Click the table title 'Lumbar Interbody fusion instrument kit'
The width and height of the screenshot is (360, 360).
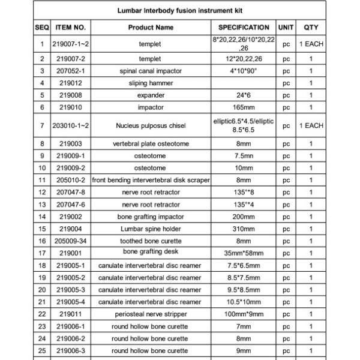tap(179, 11)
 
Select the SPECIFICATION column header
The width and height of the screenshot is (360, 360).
tap(244, 28)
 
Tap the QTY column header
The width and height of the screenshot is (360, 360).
tap(311, 28)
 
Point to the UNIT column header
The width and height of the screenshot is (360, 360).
tap(286, 28)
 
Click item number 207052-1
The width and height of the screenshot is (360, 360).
tap(71, 71)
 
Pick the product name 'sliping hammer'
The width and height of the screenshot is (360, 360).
tap(151, 83)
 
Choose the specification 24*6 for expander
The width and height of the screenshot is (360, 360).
tap(244, 95)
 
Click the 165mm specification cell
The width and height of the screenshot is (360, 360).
tap(244, 107)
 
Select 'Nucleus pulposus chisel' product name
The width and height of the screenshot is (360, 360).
tap(151, 126)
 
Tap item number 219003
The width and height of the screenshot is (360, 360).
tap(71, 144)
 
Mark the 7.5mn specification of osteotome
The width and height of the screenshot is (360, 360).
tap(244, 156)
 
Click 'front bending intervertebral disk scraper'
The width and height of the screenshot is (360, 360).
tap(151, 180)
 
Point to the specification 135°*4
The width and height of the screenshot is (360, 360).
tap(244, 205)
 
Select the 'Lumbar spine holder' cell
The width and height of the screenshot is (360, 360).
tap(151, 229)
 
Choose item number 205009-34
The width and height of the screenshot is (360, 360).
tap(71, 241)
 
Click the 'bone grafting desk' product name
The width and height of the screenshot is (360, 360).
tap(151, 252)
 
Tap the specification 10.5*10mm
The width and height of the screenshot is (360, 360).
tap(244, 302)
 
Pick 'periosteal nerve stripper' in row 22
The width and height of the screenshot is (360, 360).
tap(151, 314)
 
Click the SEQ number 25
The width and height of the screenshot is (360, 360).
tap(43, 350)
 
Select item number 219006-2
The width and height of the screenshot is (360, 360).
tap(71, 338)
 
